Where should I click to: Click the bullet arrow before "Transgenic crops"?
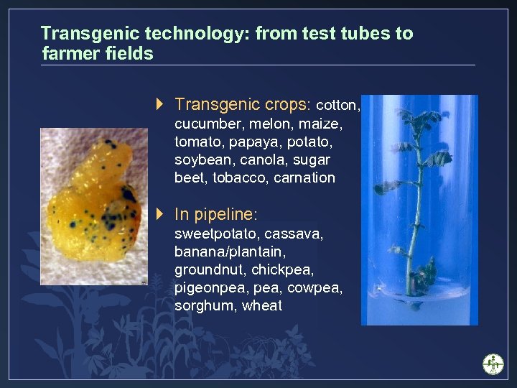[160, 104]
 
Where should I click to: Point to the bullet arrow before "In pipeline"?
[160, 213]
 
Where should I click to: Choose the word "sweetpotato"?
[216, 234]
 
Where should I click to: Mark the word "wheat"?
[262, 306]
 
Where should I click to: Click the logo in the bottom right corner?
[493, 364]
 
